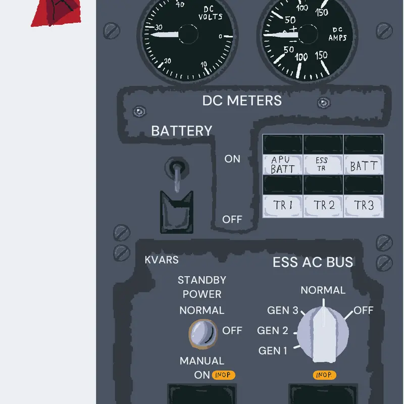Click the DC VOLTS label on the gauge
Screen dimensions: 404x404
click(210, 13)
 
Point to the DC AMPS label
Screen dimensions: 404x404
click(337, 34)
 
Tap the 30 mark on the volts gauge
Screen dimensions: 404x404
click(159, 27)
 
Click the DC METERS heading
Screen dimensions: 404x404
click(242, 100)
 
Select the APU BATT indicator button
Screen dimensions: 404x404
click(283, 165)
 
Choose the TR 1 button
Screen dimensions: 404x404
click(283, 206)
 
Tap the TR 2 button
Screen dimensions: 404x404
click(323, 206)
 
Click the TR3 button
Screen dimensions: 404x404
click(364, 206)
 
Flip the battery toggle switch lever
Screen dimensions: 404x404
click(177, 178)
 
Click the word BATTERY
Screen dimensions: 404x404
click(182, 131)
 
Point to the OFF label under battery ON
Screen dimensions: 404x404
click(232, 220)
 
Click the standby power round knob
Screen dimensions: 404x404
click(203, 334)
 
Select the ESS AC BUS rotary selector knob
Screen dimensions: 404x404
click(323, 334)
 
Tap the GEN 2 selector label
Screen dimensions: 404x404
click(273, 331)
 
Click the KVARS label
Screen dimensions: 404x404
click(162, 260)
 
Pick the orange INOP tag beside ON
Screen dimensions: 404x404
click(223, 375)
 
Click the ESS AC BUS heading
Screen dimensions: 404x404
click(313, 262)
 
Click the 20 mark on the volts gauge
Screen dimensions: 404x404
click(168, 61)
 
